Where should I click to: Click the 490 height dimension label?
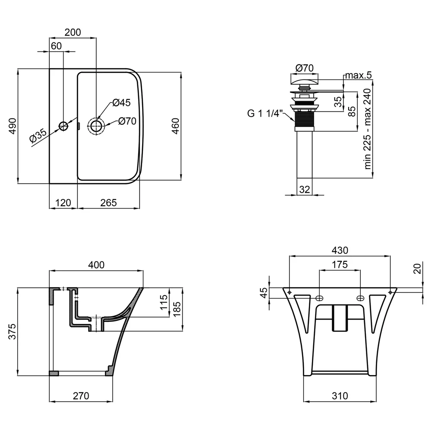[13, 126]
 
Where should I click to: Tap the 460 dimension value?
[176, 126]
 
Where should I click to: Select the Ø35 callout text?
[38, 135]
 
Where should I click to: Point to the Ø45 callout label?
[121, 103]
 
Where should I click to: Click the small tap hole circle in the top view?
[64, 126]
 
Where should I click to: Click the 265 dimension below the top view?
[108, 203]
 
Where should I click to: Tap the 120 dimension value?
[63, 203]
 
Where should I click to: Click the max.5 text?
[359, 75]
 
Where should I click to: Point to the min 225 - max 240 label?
[368, 129]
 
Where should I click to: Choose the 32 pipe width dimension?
[305, 190]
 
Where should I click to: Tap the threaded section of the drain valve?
[305, 119]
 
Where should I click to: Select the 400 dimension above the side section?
[96, 265]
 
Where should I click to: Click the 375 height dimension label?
[13, 331]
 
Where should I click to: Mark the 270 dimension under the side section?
[81, 396]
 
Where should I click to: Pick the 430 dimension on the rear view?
[340, 250]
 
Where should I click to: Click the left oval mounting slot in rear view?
[319, 298]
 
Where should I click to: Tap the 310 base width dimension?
[340, 396]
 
